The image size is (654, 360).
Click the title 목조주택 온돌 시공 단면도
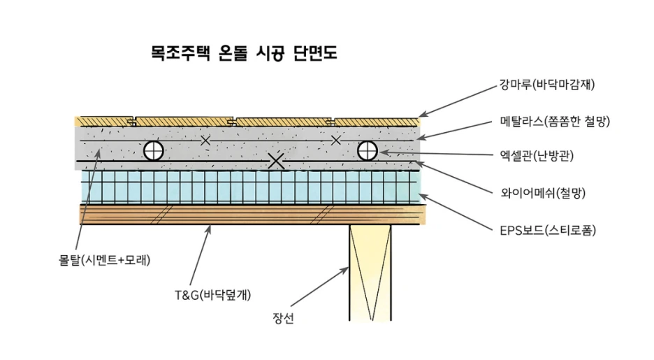244,53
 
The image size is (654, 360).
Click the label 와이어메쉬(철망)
542,193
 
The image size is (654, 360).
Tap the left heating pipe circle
153,150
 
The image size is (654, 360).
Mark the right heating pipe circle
368,150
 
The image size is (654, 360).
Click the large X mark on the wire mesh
277,161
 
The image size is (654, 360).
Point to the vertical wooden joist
370,273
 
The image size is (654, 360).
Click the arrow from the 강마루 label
458,100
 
